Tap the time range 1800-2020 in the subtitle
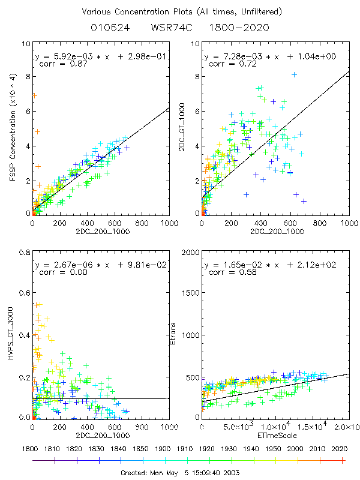tap(244, 28)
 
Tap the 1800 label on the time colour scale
tap(34, 448)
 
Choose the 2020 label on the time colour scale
tap(341, 448)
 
